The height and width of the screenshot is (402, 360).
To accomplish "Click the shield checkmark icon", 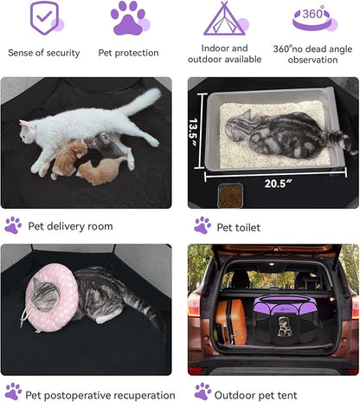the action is (45, 17).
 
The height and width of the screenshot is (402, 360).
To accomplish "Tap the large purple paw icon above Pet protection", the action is (128, 19).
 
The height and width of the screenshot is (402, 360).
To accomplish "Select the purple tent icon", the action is (224, 18).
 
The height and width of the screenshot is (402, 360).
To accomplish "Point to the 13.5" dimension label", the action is (193, 133).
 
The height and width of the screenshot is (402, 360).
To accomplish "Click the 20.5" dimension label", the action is (278, 184).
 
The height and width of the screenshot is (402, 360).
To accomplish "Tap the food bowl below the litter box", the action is (230, 196).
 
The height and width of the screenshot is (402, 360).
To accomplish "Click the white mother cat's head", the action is (28, 132).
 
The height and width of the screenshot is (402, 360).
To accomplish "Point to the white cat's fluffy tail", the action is (141, 101).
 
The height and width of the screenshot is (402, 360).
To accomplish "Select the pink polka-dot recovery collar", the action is (52, 297).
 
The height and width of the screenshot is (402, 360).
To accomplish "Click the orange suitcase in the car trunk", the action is (230, 322).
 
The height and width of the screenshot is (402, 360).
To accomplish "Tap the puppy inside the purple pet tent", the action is (285, 327).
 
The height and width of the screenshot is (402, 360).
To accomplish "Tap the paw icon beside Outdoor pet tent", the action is (202, 392).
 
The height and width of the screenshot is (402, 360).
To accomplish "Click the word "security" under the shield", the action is (63, 53).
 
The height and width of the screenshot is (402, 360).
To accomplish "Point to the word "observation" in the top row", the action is (312, 60).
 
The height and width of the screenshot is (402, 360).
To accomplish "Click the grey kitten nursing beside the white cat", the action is (108, 146).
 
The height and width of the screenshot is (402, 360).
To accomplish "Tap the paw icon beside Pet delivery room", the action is (13, 225).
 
